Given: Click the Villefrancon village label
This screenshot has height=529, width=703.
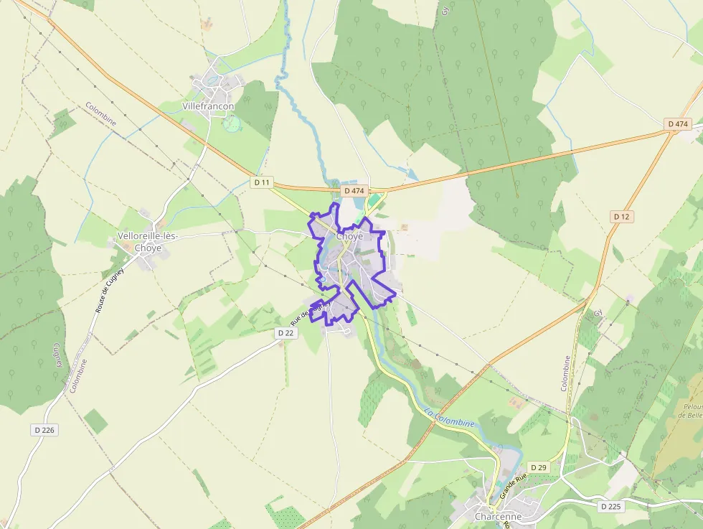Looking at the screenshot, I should pos(209,106).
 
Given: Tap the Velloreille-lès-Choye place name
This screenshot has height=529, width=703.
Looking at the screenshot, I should pos(147,243).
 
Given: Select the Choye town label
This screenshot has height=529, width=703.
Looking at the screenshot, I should pos(349,236).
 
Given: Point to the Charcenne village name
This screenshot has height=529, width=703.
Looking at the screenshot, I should pos(498,516).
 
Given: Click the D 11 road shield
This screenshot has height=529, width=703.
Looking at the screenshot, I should pos(263,182).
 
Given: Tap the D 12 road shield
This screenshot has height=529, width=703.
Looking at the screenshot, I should pos(622,216).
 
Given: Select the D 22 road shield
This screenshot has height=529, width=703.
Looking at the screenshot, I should pos(286,333).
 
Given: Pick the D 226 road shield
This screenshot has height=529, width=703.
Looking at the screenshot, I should pos(44,430).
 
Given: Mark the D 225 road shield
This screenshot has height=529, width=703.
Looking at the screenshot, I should pos(610,507).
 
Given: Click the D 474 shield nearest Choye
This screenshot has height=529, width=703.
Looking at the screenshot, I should pos(354,191).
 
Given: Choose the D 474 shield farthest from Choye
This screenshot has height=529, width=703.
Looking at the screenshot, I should pos(678,124).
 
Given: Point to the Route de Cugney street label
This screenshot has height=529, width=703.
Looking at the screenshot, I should pos(109,290).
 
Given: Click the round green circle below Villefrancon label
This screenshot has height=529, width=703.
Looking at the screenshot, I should pos(232,124).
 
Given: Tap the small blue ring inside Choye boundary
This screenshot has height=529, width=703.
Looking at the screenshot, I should pos(324,278).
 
